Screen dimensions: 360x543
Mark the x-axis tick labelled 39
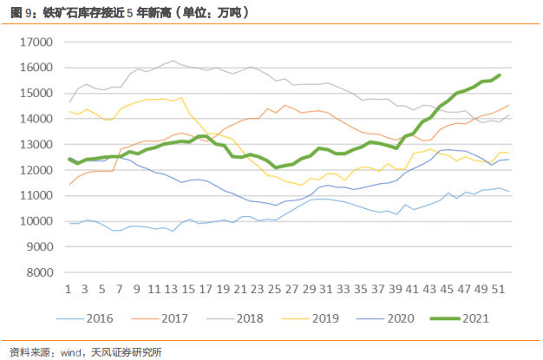pyautogui.click(x=396, y=287)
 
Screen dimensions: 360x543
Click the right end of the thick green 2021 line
pyautogui.click(x=500, y=75)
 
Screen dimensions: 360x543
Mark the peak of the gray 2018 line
pyautogui.click(x=172, y=61)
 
